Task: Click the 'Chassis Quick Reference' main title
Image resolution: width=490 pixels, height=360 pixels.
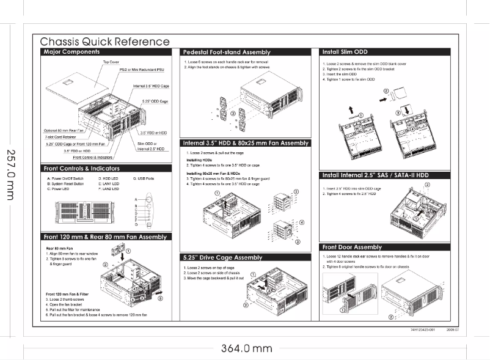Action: (x=104, y=42)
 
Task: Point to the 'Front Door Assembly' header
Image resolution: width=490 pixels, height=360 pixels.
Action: (x=351, y=247)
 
